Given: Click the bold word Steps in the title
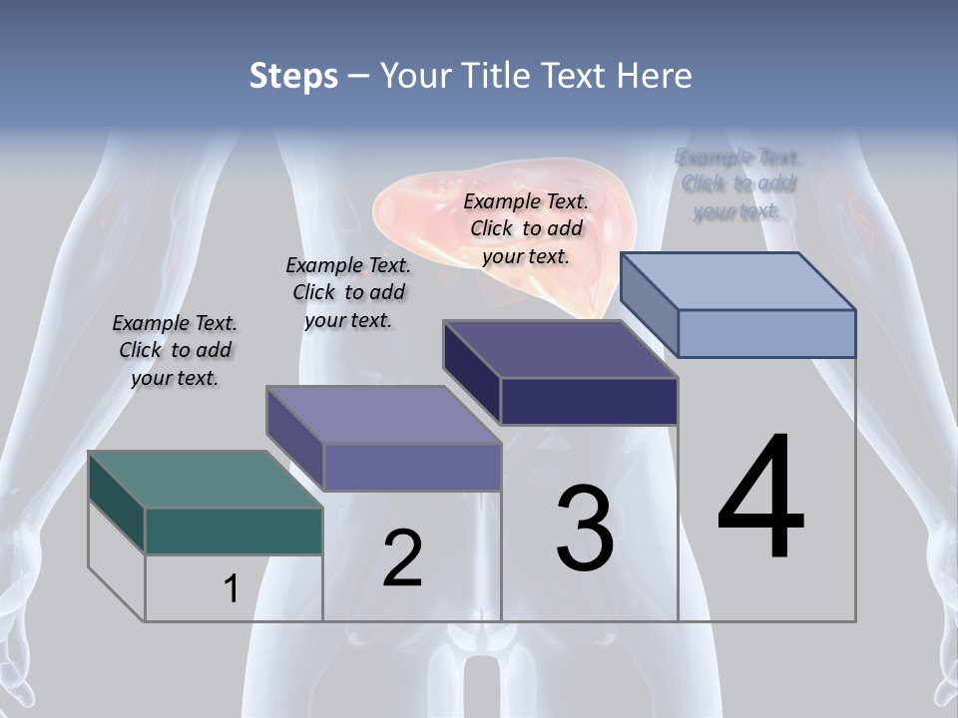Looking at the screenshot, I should pos(293,76).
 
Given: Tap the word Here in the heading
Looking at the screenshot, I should pos(655,76).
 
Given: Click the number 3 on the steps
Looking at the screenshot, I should pos(585,529).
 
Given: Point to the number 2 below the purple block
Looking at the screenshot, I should pos(402,558).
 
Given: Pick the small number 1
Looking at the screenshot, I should pos(232,589).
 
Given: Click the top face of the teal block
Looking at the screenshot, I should pos(205,479).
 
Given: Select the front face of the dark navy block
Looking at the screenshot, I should pos(589,401).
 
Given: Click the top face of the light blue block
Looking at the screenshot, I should pos(738,280).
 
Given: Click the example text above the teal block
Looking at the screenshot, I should pos(175,350).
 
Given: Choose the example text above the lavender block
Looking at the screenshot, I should pos(348,292).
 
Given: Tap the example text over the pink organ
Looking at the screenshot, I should pos(526,228).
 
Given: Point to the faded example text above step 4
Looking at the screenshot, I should pos(737,183).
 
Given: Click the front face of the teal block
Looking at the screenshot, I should pos(234,531).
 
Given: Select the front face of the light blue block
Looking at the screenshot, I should pos(766,333).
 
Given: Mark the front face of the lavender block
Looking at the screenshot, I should pos(412,467).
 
